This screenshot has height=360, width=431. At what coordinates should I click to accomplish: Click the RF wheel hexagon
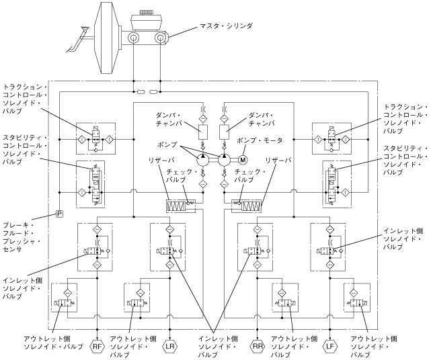tap(98, 347)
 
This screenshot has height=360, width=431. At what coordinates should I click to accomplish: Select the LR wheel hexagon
tap(170, 347)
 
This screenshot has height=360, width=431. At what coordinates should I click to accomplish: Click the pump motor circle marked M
tap(243, 159)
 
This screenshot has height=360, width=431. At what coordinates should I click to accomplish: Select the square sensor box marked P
tap(58, 214)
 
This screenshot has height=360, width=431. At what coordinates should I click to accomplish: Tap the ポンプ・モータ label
tap(260, 140)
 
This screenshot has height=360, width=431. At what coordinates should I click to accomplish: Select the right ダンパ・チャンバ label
tap(264, 118)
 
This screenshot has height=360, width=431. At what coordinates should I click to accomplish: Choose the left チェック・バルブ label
tap(180, 176)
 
